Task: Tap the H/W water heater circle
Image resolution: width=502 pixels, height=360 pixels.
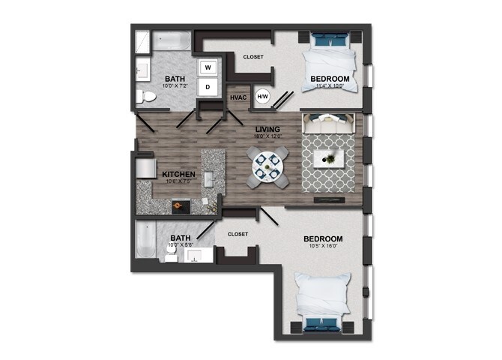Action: coord(263,96)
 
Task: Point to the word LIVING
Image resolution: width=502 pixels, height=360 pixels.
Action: coord(267,129)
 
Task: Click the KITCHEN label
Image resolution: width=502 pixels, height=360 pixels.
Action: coord(178,175)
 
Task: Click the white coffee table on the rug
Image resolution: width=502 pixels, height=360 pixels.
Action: coord(330,157)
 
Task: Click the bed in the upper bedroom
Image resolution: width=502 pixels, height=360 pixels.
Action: coord(330,62)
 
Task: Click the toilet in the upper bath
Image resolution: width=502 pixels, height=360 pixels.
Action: coord(142,95)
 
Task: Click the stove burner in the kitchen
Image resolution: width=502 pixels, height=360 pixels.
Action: coord(178,204)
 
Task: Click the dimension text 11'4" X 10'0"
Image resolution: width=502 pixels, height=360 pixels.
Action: coord(330,85)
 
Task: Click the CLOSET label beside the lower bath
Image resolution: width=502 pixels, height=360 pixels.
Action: coord(238,234)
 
